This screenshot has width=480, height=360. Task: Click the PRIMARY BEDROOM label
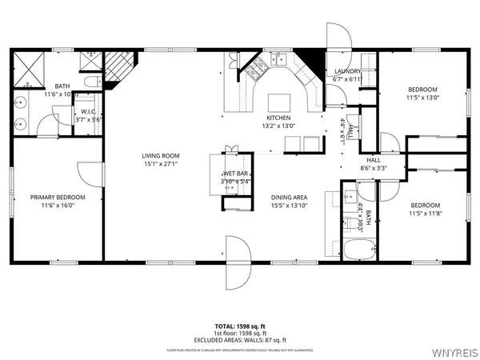[x=58, y=197]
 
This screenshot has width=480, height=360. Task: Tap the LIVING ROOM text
[x=161, y=156]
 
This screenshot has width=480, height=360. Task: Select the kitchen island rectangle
[x=278, y=102]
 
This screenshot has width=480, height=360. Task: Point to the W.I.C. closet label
[x=86, y=111]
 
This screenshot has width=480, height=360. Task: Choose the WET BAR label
[x=234, y=173]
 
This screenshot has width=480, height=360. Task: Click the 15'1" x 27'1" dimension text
[x=161, y=166]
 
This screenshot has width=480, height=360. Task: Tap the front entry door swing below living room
[x=238, y=252]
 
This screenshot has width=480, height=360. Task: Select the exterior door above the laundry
[x=337, y=37]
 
